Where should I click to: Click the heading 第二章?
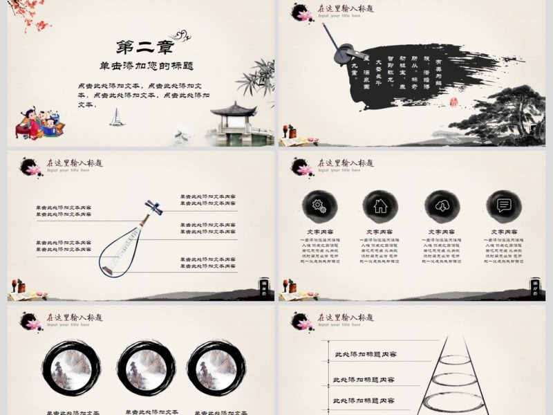click(144, 47)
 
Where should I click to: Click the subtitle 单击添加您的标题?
click(145, 66)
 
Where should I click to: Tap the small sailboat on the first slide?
click(117, 117)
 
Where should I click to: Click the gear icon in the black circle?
click(319, 205)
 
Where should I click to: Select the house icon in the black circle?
click(380, 205)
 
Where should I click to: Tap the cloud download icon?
click(441, 205)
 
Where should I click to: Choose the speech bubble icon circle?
click(503, 205)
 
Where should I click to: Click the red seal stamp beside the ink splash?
click(454, 102)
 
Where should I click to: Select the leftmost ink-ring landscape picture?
click(71, 367)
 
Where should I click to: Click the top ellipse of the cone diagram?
click(455, 360)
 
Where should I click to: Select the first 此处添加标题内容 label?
click(366, 355)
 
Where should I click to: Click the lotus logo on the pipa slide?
click(32, 167)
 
